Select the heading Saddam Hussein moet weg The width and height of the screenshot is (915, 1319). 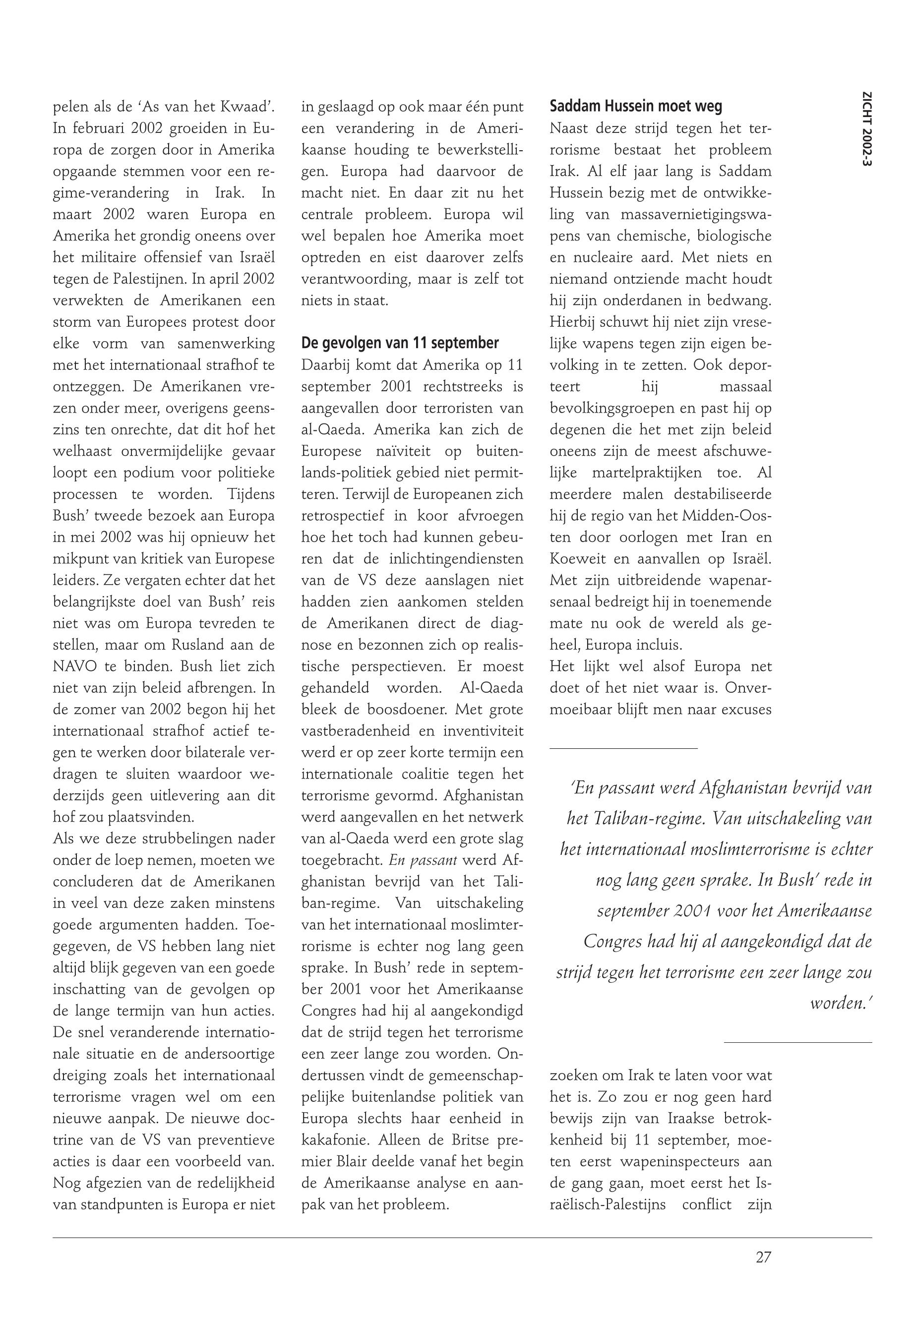pyautogui.click(x=635, y=106)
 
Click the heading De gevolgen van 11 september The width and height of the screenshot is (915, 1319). pyautogui.click(x=400, y=343)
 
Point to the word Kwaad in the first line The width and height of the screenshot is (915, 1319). pyautogui.click(x=247, y=107)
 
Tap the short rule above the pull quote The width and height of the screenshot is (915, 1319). pyautogui.click(x=623, y=747)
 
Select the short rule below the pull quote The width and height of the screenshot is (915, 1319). pyautogui.click(x=797, y=1041)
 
